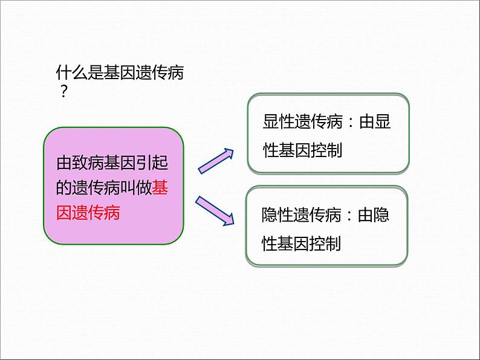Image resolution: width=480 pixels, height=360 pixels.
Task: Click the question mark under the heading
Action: point(63,92)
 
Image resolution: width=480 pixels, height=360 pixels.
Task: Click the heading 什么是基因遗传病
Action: point(119,74)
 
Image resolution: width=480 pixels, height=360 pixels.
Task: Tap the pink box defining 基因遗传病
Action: point(113,185)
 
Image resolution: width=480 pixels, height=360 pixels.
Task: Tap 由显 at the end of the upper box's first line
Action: point(375,123)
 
